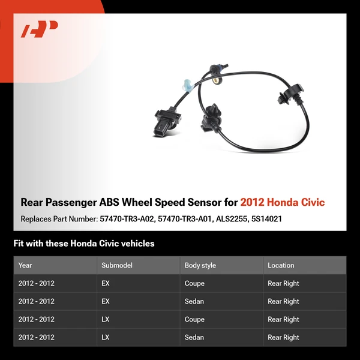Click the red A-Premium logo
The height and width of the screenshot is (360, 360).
tap(39, 29)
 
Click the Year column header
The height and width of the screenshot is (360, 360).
tap(25, 265)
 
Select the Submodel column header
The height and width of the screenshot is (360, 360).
tap(117, 265)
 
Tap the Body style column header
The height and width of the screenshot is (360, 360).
tap(200, 265)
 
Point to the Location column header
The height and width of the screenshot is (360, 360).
tap(281, 265)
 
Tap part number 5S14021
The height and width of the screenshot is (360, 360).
tap(266, 219)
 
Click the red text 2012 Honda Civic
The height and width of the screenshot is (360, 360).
tap(283, 202)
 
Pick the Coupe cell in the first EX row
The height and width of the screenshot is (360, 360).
tap(194, 283)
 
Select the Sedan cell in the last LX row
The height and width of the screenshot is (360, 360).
tap(194, 337)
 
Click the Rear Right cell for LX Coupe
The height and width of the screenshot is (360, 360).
tap(283, 319)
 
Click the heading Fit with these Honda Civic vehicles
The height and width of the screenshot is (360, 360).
tap(84, 244)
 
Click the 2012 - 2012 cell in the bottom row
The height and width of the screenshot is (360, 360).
tap(37, 337)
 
